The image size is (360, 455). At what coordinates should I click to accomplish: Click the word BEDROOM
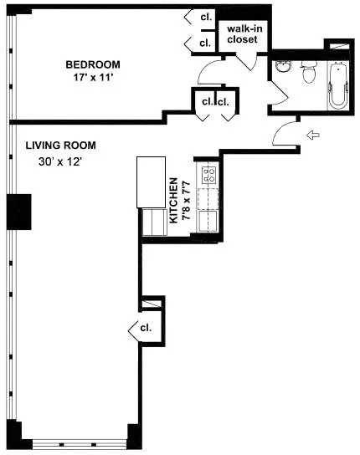[94, 64]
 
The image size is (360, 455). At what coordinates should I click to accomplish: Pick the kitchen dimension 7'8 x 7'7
[186, 199]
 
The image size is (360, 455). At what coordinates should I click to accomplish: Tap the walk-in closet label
[242, 34]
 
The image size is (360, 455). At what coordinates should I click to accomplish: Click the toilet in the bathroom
[306, 74]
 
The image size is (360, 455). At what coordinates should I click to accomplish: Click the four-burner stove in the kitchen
[207, 176]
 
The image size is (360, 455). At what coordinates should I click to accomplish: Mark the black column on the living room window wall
[18, 212]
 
